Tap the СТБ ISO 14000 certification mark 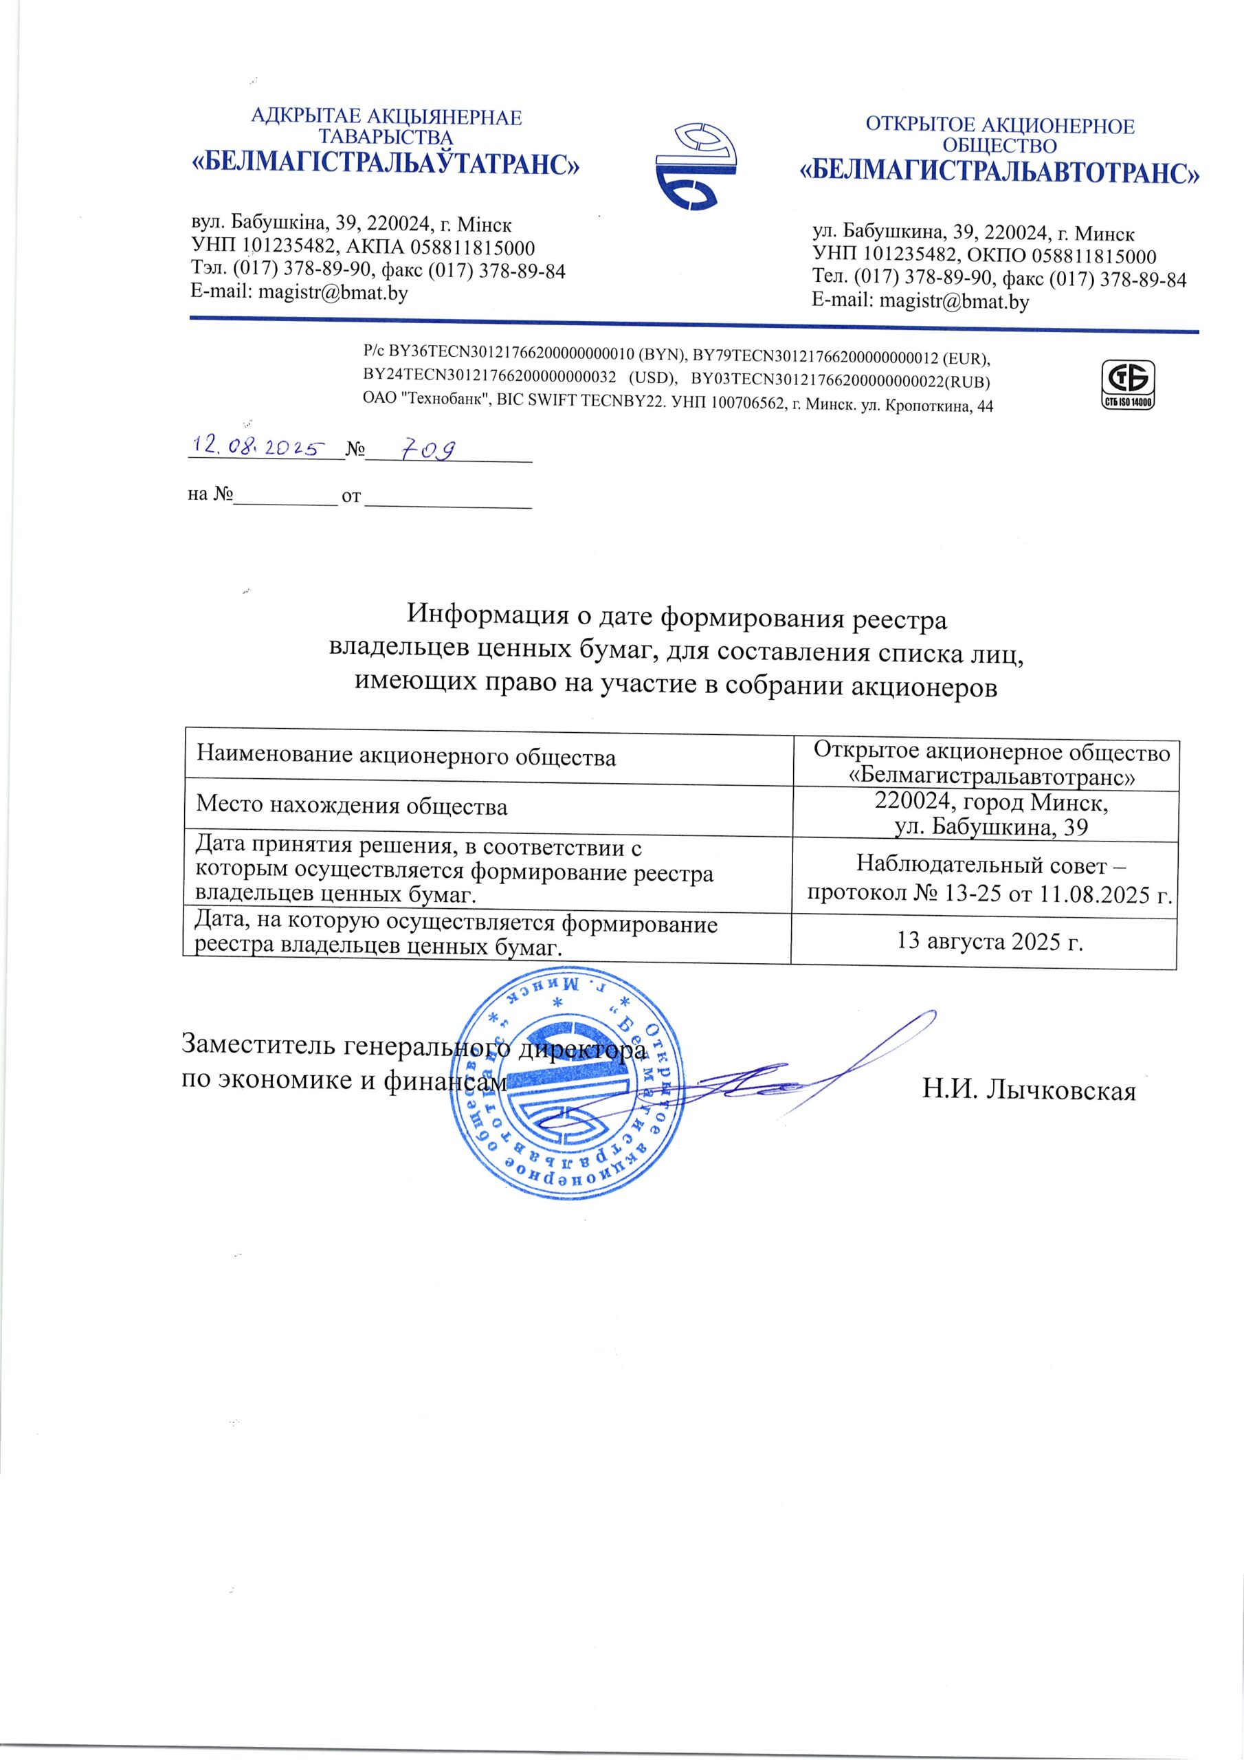click(1127, 386)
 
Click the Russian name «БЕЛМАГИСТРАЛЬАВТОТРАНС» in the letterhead click(999, 173)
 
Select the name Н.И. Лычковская click(1029, 1089)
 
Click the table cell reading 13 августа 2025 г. click(990, 940)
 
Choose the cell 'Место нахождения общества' click(352, 806)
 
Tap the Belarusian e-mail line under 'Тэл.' click(299, 292)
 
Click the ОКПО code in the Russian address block click(1097, 256)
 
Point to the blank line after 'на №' click(285, 502)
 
